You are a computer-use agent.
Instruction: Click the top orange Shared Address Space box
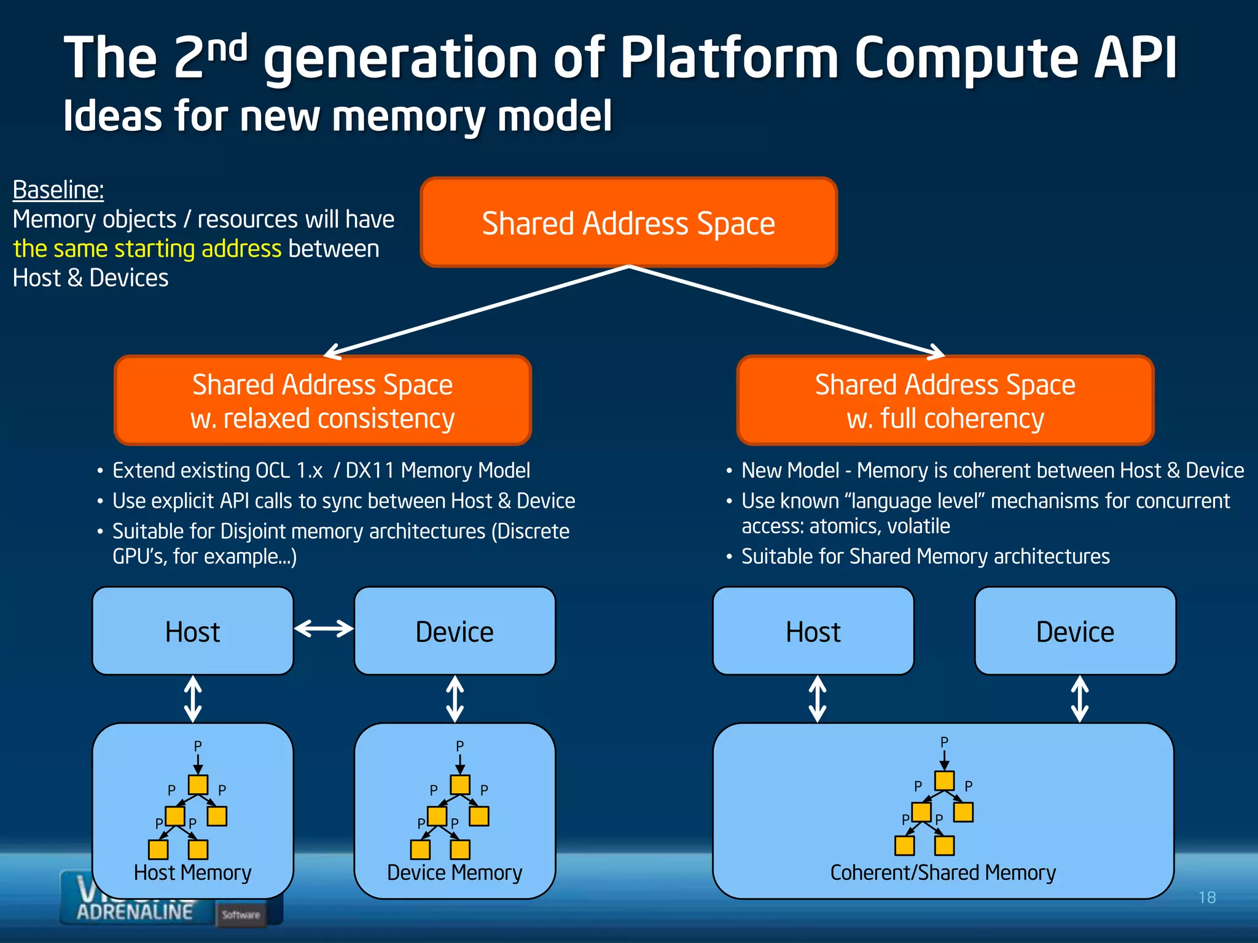628,222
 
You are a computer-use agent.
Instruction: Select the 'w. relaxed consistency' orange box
322,400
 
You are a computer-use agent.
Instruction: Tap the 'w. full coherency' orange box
945,400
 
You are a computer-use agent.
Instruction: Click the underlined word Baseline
58,190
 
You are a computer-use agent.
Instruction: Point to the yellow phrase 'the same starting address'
147,249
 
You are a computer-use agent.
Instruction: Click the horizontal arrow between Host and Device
324,629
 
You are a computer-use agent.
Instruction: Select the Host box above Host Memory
192,631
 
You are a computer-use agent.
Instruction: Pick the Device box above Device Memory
455,631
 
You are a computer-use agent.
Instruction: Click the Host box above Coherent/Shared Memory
813,631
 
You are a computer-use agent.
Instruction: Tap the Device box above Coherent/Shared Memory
1075,631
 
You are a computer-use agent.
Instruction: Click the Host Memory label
192,872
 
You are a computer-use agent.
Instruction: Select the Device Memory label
455,872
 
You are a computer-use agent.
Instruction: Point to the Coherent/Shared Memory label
943,872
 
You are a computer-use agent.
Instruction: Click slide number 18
1206,898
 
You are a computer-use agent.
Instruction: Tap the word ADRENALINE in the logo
135,912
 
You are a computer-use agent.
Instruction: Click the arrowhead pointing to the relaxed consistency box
332,352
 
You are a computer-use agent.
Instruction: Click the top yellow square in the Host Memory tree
198,785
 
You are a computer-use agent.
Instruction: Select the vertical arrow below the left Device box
455,699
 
